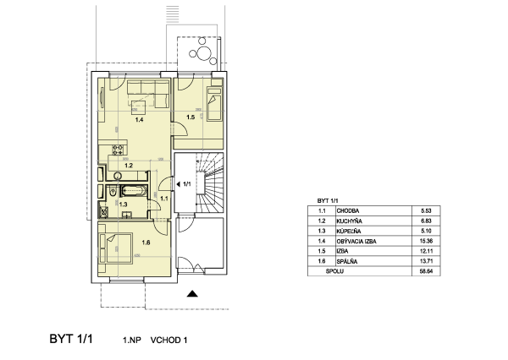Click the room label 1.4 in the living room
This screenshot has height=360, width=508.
(139, 120)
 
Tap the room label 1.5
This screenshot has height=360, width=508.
(190, 117)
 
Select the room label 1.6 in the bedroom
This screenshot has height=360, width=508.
(146, 243)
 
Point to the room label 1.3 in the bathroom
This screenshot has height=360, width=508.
(123, 205)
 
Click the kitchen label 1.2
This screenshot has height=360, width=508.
(129, 166)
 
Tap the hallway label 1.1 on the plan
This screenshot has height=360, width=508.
(164, 199)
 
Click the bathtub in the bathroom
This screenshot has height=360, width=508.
(134, 191)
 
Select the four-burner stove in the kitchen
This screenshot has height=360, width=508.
(118, 150)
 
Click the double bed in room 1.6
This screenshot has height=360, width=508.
(116, 248)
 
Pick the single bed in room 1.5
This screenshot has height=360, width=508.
(214, 103)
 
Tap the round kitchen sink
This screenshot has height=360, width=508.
(118, 177)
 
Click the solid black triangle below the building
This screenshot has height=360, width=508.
(192, 294)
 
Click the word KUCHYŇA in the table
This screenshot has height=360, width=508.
(349, 221)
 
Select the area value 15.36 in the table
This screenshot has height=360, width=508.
(426, 241)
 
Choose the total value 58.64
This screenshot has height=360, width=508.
(426, 271)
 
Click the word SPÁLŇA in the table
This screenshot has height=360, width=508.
(346, 261)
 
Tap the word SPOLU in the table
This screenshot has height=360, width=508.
(334, 271)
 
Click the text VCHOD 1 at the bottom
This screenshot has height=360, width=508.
(168, 341)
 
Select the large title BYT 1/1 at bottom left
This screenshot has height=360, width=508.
(71, 339)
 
